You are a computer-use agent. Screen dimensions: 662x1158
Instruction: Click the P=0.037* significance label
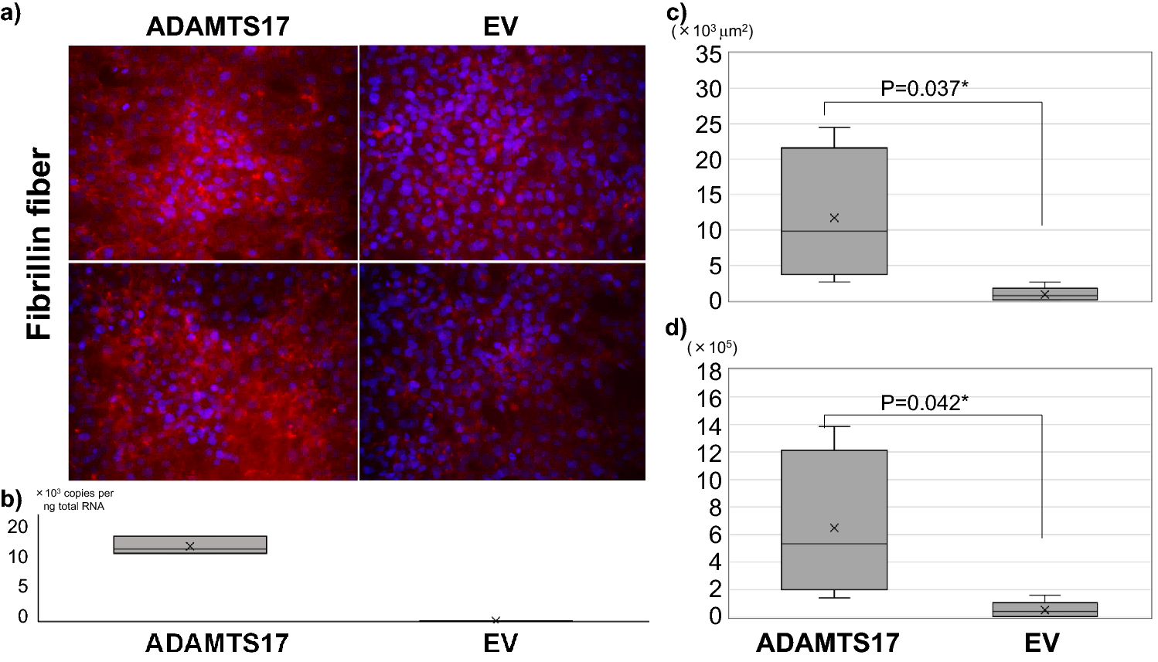924,89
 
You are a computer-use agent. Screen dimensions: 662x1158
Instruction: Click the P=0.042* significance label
924,402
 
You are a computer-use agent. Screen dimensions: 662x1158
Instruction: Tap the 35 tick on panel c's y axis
708,55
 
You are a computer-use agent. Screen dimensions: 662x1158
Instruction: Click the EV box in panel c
1044,294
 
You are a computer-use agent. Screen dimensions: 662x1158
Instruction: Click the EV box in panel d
1044,609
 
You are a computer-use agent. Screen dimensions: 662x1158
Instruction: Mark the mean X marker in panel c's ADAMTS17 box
834,218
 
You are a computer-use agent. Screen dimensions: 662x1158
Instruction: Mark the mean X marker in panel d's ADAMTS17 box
834,528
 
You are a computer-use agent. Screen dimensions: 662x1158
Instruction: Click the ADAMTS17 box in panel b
189,545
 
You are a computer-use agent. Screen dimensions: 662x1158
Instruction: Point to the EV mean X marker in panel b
496,620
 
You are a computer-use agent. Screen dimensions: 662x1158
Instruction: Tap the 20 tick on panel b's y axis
18,526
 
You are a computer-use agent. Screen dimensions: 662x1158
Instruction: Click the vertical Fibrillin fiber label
39,245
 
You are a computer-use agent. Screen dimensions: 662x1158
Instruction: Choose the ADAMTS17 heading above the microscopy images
217,27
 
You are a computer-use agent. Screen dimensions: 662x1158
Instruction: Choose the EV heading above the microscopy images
500,27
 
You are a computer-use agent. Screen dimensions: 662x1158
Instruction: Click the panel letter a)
12,14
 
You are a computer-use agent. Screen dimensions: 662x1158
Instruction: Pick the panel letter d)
676,328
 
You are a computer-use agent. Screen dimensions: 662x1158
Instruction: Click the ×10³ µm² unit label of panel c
712,32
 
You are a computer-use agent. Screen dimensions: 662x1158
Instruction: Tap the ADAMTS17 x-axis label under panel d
827,643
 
